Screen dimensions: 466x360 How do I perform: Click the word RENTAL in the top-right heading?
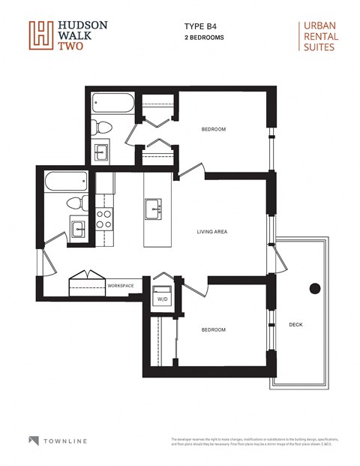pos(319,36)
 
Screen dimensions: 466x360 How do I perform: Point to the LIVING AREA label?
pos(211,232)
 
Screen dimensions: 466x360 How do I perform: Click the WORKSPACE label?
pos(120,286)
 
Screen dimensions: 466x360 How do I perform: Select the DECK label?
pos(296,325)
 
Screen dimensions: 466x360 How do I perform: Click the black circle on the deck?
pos(315,288)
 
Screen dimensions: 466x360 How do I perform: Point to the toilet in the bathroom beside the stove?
pos(73,203)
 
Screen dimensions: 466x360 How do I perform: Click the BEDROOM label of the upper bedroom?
pos(214,130)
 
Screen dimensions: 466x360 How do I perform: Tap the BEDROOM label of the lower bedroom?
pos(213,329)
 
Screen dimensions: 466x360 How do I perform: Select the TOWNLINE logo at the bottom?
pos(56,440)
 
